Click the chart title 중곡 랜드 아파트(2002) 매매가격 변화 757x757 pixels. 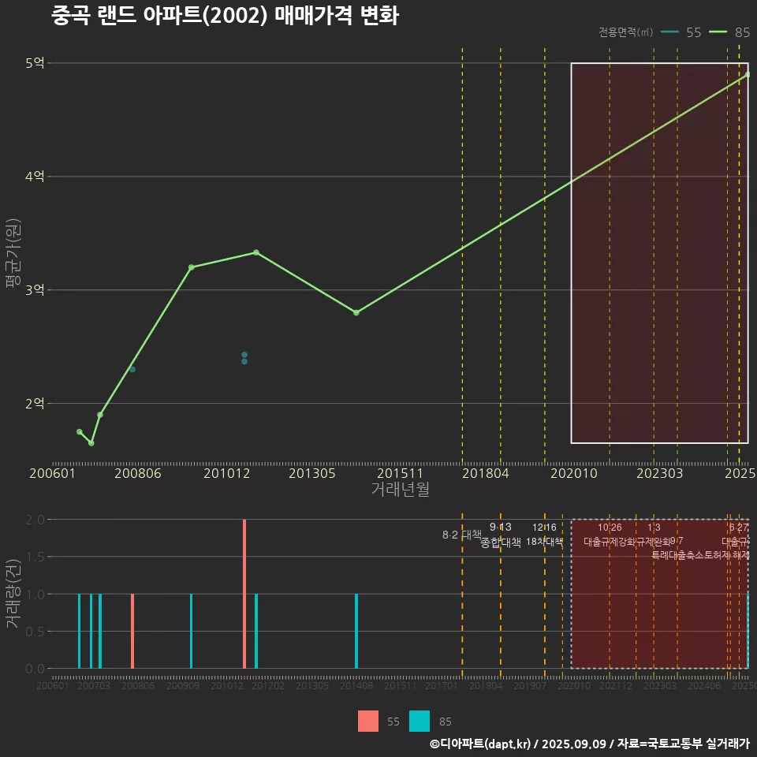[x=225, y=16]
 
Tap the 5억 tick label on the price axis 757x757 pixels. [x=35, y=63]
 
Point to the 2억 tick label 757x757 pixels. [x=35, y=404]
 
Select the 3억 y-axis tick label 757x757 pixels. [x=35, y=290]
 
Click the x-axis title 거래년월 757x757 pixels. [x=400, y=489]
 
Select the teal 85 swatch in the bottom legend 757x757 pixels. [x=420, y=722]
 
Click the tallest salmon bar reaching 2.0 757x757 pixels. [x=244, y=594]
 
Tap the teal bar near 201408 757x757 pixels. [x=356, y=631]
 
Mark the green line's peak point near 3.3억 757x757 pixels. [x=256, y=252]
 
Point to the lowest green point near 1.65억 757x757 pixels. [x=91, y=443]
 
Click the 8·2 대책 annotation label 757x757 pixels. [x=462, y=535]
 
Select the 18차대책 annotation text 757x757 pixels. [x=544, y=542]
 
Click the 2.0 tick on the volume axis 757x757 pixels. [x=35, y=520]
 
